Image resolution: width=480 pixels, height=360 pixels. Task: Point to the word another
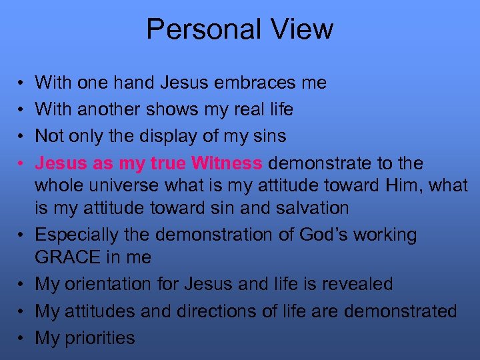tap(108, 109)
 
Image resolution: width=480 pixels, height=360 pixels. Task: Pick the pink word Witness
tap(226, 163)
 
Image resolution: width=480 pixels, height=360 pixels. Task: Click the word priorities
tap(99, 338)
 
